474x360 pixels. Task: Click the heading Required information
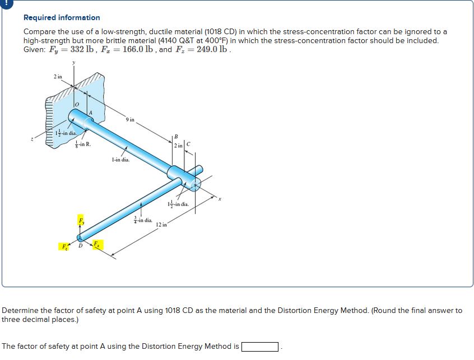pyautogui.click(x=62, y=18)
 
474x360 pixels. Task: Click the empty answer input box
pyautogui.click(x=261, y=347)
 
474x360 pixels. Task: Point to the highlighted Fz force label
pyautogui.click(x=64, y=246)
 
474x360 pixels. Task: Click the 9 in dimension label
pyautogui.click(x=130, y=119)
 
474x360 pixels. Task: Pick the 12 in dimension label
pyautogui.click(x=162, y=225)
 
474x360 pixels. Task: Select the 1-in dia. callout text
pyautogui.click(x=120, y=160)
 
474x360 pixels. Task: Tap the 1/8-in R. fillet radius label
pyautogui.click(x=82, y=144)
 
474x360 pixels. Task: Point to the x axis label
pyautogui.click(x=220, y=198)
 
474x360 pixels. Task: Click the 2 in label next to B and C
pyautogui.click(x=178, y=146)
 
